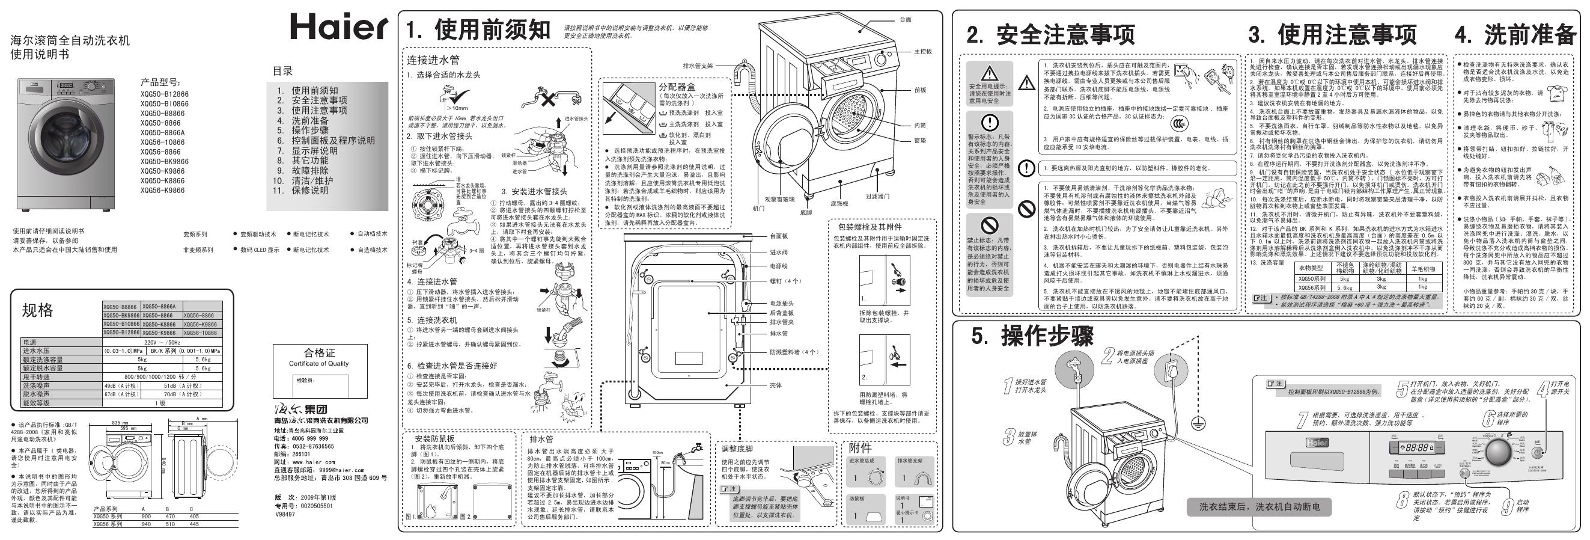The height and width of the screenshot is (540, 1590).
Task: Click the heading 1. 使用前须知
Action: coord(477,29)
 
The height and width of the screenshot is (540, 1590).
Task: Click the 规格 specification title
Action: coord(38,310)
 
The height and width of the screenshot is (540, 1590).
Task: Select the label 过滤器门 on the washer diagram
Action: coord(877,197)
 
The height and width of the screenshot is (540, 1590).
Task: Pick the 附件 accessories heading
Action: coord(860,448)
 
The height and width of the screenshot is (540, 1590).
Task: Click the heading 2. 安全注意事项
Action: coord(1050,35)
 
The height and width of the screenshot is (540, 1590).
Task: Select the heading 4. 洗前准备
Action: coord(1515,35)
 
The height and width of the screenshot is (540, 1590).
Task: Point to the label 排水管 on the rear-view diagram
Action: coord(778,333)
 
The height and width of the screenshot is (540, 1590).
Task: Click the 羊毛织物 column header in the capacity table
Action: coord(1422,269)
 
